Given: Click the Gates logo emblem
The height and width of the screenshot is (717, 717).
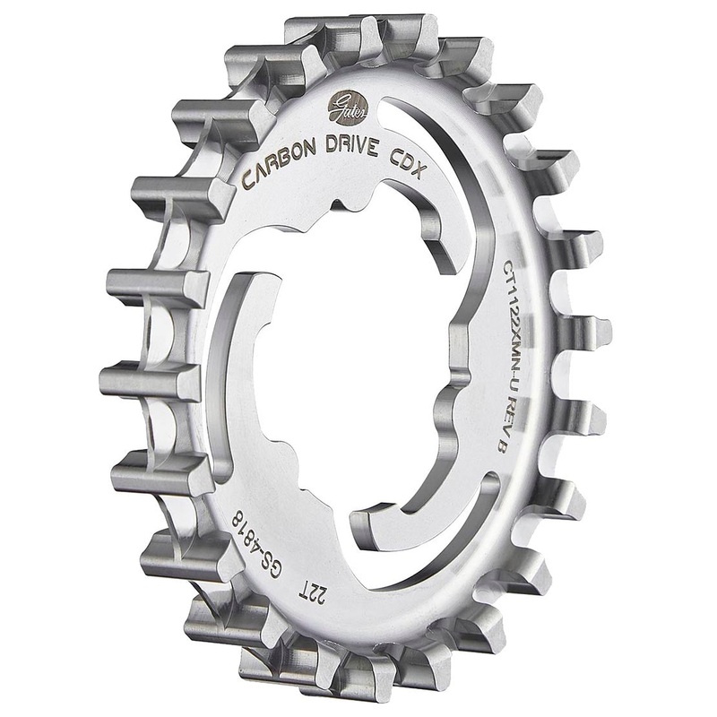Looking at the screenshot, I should [x=344, y=105].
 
